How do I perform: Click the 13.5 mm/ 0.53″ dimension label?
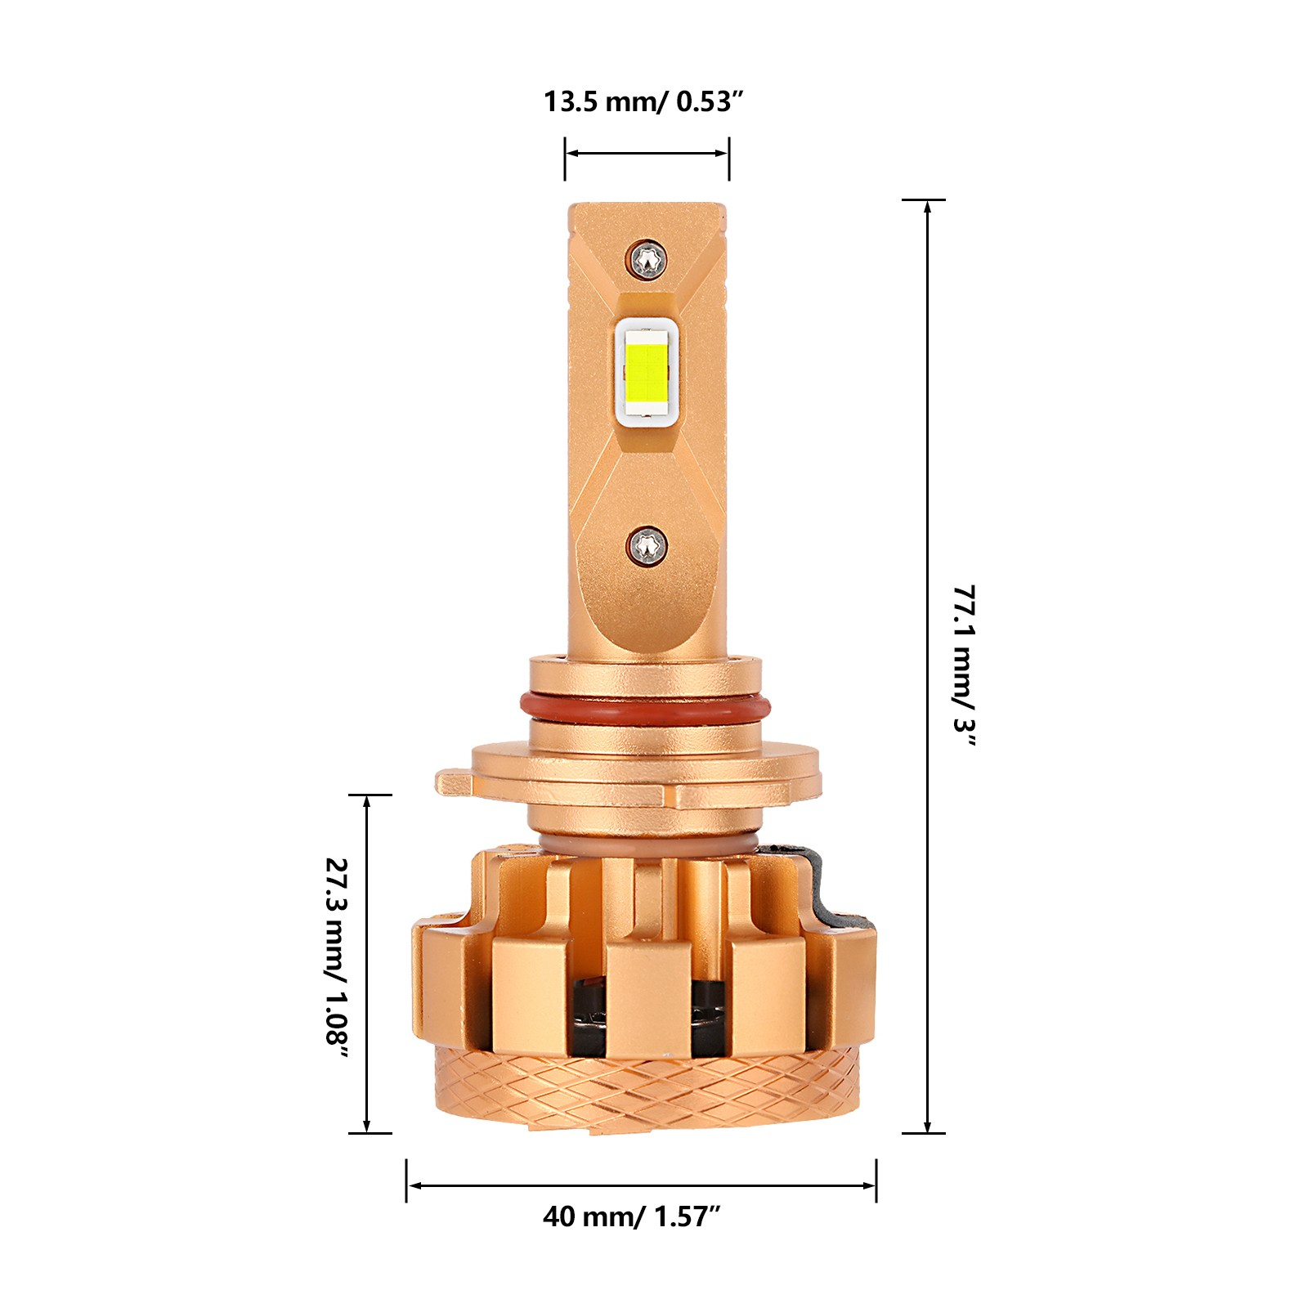point(644,102)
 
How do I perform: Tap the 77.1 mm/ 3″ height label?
point(965,666)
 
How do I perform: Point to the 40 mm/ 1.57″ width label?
point(631,1216)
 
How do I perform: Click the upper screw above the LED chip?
point(648,259)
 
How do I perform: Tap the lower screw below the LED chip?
point(648,545)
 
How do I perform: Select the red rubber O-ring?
point(645,708)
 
